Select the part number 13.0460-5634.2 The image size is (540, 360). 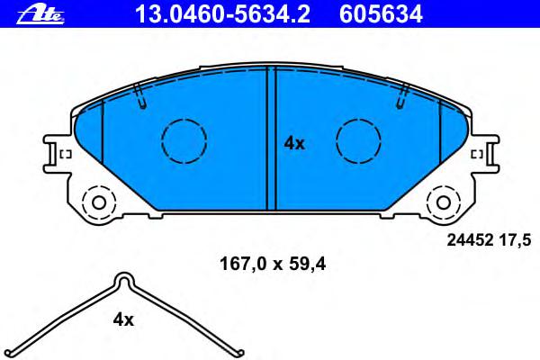pos(223,14)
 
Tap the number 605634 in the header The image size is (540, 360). pos(381,14)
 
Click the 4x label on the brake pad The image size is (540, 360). pos(294,144)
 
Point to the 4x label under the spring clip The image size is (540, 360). pos(123,320)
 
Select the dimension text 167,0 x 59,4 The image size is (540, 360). pos(273,265)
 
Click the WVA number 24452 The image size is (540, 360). pos(471,240)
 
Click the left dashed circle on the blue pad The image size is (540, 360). pos(184,141)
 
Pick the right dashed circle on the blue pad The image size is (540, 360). pos(358,141)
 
